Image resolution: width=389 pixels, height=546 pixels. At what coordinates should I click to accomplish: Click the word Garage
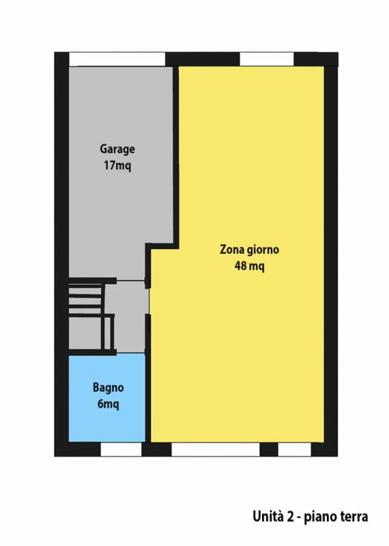click(117, 149)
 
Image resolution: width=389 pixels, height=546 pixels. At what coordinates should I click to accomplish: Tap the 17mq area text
click(117, 165)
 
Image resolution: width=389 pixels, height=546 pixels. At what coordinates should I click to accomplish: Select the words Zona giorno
click(249, 250)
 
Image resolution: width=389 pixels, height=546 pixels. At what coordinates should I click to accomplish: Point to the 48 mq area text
click(249, 266)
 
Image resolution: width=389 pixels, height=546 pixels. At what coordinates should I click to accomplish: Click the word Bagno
click(109, 388)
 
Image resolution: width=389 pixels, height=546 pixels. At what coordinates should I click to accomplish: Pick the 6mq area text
click(109, 404)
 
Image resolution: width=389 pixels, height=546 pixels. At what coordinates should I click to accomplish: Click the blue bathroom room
click(107, 398)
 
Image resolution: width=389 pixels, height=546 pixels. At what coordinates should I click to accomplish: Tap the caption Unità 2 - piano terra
click(311, 516)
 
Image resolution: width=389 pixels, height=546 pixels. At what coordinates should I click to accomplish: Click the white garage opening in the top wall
click(117, 59)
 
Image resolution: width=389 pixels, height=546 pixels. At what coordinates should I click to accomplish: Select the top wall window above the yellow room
click(267, 59)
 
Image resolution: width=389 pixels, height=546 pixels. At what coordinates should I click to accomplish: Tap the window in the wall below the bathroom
click(121, 450)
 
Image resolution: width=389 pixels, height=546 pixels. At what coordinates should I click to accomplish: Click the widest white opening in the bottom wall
click(216, 450)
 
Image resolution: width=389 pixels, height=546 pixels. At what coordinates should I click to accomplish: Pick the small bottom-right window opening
click(295, 450)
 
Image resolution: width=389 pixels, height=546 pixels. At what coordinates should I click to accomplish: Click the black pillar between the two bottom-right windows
click(269, 450)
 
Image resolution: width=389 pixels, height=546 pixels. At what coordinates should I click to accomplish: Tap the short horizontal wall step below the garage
click(162, 246)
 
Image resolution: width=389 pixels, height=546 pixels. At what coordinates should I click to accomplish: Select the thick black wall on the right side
click(331, 254)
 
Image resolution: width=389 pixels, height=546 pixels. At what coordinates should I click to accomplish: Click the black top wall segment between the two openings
click(202, 59)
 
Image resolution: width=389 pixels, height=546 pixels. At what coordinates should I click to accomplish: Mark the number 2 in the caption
click(291, 516)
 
